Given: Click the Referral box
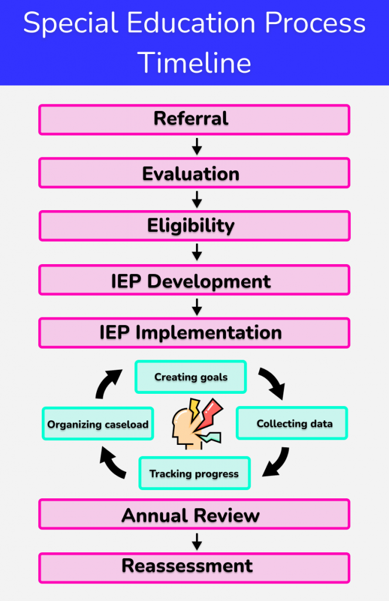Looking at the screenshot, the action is point(194,120).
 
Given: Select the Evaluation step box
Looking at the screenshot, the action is point(194,173).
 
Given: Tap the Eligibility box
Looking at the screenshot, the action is point(194,226).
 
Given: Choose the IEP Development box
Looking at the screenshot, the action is point(194,280).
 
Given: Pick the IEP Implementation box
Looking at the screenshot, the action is point(194,333).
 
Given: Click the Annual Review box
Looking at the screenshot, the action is point(194,514).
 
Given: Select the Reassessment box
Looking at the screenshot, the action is point(194,568).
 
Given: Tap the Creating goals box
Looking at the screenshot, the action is point(191,377).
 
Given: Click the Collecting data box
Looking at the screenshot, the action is point(292,423).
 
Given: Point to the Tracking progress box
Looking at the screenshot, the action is point(194,473).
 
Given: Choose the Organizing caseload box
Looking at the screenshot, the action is point(98,424).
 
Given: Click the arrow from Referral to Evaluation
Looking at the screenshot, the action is point(197,146).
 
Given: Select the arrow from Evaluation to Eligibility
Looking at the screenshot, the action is point(197,200).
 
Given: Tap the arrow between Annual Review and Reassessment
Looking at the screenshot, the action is point(197,541).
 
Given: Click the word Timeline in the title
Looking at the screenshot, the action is point(194,62).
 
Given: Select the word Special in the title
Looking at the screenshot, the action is point(70,23).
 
